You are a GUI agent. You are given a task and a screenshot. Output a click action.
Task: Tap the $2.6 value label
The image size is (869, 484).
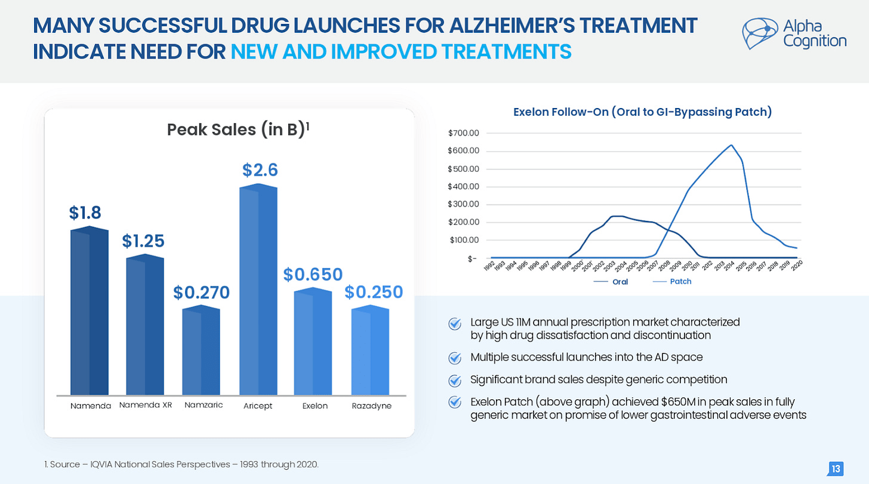click(260, 170)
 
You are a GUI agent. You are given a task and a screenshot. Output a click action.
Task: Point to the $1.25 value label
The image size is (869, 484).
click(144, 241)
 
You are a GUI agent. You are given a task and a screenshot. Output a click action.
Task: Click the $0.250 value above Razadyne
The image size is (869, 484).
click(374, 292)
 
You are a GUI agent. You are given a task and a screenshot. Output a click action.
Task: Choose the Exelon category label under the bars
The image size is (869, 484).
click(315, 406)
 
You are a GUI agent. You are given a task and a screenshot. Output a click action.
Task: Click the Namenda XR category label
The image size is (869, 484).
click(145, 405)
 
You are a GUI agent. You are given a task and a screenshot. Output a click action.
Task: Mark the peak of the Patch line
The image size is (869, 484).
click(731, 145)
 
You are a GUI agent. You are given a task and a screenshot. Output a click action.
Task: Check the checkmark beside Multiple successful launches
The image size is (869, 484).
click(455, 357)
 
